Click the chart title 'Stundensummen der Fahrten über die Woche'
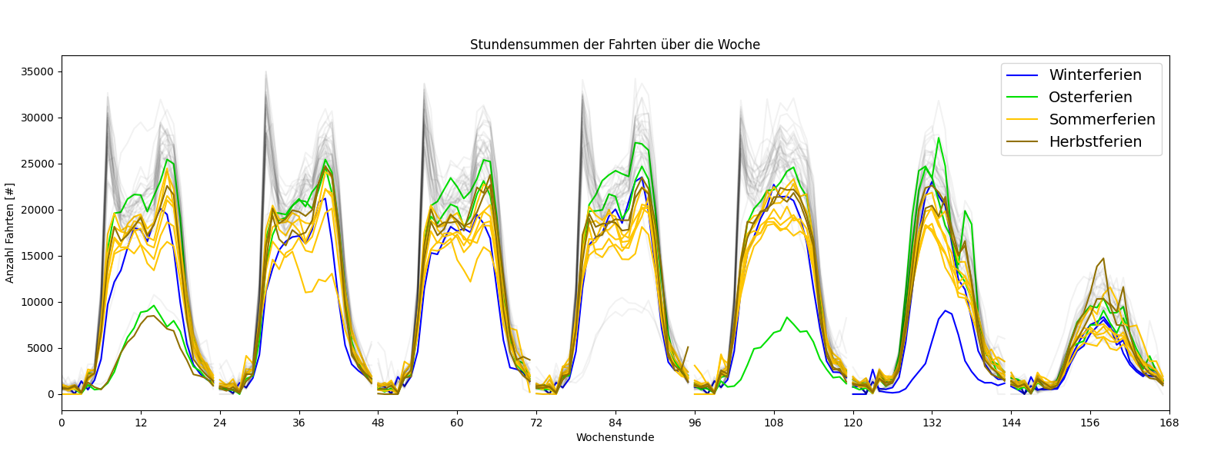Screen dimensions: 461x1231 [615, 45]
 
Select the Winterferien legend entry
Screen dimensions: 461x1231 [1095, 75]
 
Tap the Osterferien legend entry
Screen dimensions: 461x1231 [1090, 98]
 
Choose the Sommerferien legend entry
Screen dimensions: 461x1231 [1102, 120]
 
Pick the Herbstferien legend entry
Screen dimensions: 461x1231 [1095, 142]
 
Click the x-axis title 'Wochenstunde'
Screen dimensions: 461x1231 [615, 438]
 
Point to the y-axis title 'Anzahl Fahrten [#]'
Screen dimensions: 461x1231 [10, 233]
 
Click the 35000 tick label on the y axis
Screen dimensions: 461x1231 [38, 72]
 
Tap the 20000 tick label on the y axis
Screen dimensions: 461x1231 [38, 211]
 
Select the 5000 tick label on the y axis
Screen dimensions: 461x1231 [41, 349]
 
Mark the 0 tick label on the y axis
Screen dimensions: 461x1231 [51, 395]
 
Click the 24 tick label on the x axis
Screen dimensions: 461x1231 [220, 423]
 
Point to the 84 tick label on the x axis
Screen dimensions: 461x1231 [615, 423]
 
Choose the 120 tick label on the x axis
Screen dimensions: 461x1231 [852, 423]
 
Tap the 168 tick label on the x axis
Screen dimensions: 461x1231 [1169, 423]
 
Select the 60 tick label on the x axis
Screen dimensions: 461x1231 [457, 423]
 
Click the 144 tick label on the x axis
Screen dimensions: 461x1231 [1011, 423]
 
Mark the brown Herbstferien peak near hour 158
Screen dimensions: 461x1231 [1103, 259]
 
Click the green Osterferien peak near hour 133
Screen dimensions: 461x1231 [939, 138]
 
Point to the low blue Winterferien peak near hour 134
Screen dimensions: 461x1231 [946, 310]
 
